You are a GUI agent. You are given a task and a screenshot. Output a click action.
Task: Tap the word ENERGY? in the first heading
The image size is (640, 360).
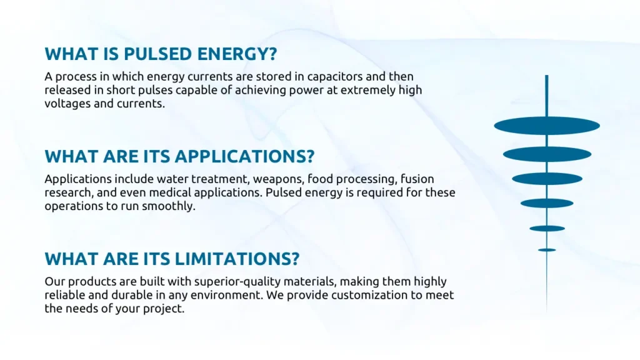(237, 54)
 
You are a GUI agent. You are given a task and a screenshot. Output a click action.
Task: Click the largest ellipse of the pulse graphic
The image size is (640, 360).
(547, 126)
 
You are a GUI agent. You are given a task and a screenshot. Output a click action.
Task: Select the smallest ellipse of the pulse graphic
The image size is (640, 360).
(547, 250)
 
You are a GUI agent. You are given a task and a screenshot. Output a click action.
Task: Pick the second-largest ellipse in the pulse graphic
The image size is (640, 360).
(547, 154)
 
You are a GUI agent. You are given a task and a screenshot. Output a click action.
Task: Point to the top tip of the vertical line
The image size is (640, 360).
(547, 75)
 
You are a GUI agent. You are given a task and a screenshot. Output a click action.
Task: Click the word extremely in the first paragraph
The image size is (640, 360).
(368, 90)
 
